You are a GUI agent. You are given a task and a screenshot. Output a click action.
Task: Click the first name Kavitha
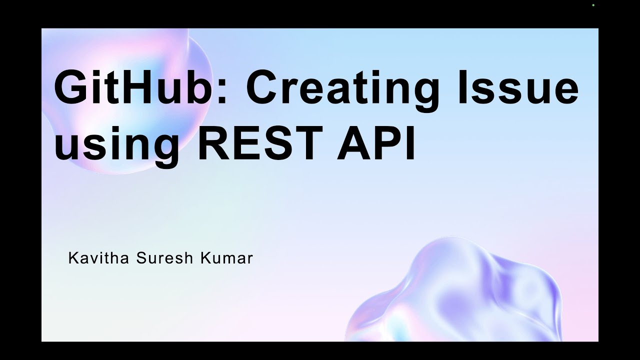[x=98, y=258]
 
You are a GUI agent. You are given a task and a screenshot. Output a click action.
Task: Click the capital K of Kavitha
[x=73, y=258]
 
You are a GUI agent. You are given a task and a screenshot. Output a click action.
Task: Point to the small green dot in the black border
[x=593, y=5]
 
